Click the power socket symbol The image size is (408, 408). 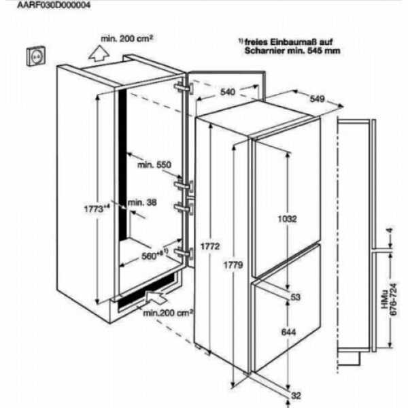click(36, 56)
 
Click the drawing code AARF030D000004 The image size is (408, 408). click(54, 5)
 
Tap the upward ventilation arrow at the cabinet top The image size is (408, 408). click(99, 53)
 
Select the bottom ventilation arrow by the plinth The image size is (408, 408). click(156, 296)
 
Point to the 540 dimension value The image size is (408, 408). click(228, 92)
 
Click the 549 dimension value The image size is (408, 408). click(317, 99)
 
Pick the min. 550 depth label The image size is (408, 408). click(154, 165)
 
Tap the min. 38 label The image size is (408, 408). click(142, 202)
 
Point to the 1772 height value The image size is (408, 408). click(210, 246)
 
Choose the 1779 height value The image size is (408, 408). click(233, 265)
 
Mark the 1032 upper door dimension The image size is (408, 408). click(287, 219)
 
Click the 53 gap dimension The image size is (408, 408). click(295, 297)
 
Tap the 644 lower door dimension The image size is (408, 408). click(288, 332)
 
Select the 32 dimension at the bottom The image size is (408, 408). click(296, 396)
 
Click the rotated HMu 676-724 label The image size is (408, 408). click(389, 299)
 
